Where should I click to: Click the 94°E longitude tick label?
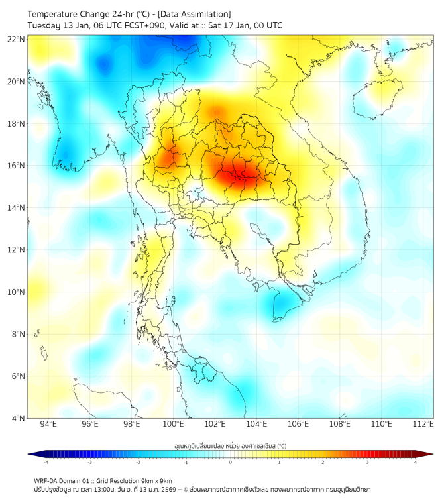tap(48, 425)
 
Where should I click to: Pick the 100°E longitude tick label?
tap(174, 425)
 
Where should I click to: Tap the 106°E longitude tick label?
tap(298, 425)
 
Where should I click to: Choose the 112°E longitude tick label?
tap(423, 425)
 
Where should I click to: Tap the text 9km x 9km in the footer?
tap(156, 480)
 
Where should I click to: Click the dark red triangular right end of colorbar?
tap(427, 454)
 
